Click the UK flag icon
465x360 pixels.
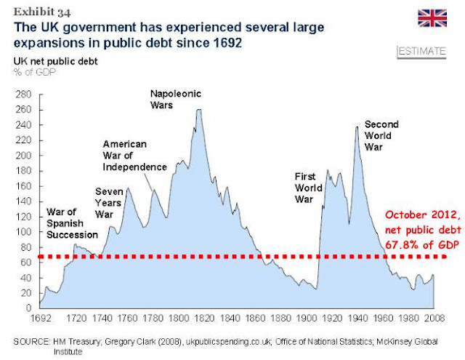coord(433,18)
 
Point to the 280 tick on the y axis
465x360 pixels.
coord(23,94)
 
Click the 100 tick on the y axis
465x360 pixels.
coord(23,231)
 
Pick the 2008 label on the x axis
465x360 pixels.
coord(433,319)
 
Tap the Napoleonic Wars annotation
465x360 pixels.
coord(175,100)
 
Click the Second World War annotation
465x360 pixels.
coord(382,135)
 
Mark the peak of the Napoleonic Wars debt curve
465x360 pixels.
coord(199,110)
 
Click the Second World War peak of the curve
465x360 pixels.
coord(356,127)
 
